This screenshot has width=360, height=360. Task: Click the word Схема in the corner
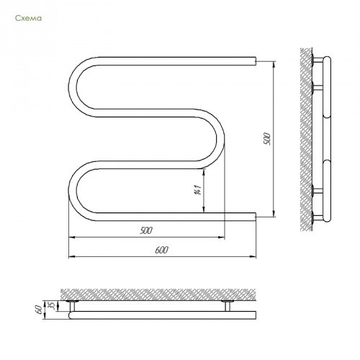(x=28, y=18)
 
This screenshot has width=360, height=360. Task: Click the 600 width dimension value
(x=161, y=250)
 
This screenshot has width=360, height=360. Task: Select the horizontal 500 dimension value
(x=146, y=230)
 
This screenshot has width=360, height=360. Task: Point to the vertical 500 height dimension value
(x=266, y=139)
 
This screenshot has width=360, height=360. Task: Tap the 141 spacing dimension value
(x=197, y=190)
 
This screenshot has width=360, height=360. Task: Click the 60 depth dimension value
(x=40, y=310)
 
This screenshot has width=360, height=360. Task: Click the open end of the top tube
(x=256, y=61)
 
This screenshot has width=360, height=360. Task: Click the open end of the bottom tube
(x=256, y=217)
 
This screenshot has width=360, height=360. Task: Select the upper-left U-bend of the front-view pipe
(x=73, y=87)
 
